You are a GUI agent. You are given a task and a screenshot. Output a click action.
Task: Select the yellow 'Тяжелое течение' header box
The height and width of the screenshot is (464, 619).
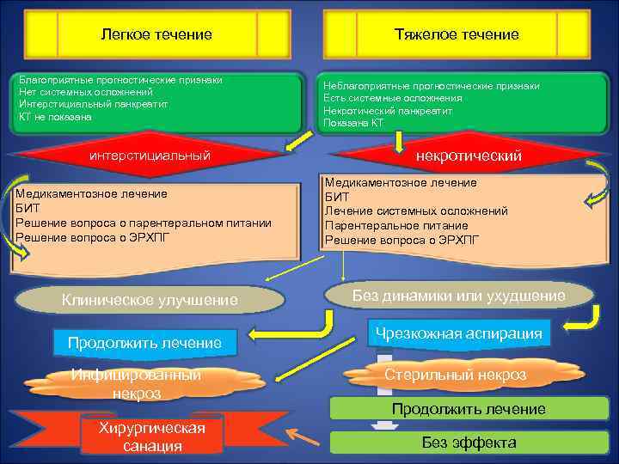457,34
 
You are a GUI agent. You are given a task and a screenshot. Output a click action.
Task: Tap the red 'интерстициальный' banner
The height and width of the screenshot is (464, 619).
150,156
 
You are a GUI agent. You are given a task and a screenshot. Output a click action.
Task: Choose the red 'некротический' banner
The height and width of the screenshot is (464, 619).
469,156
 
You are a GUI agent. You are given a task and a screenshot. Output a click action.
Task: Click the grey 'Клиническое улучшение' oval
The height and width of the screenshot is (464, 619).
150,300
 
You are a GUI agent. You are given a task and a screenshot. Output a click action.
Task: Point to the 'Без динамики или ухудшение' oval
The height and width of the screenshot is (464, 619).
460,296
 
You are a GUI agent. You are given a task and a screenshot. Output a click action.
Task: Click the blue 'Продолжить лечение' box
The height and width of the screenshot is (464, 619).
144,343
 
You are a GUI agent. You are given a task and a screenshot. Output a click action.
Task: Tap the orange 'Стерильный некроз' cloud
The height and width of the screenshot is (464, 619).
456,375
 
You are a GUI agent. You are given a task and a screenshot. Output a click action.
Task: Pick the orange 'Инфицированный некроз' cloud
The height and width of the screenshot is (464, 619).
137,384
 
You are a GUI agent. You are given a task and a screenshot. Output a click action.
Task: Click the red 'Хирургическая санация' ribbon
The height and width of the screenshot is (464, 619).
151,437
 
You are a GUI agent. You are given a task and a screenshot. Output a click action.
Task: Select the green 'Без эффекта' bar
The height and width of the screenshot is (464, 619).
469,443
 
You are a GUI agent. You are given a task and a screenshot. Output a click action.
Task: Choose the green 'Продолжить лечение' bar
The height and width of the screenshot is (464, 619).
469,408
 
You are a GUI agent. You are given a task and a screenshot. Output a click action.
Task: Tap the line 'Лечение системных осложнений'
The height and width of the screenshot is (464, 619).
415,211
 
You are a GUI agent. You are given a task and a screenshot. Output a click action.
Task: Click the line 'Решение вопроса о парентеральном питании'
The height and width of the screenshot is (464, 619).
143,223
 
